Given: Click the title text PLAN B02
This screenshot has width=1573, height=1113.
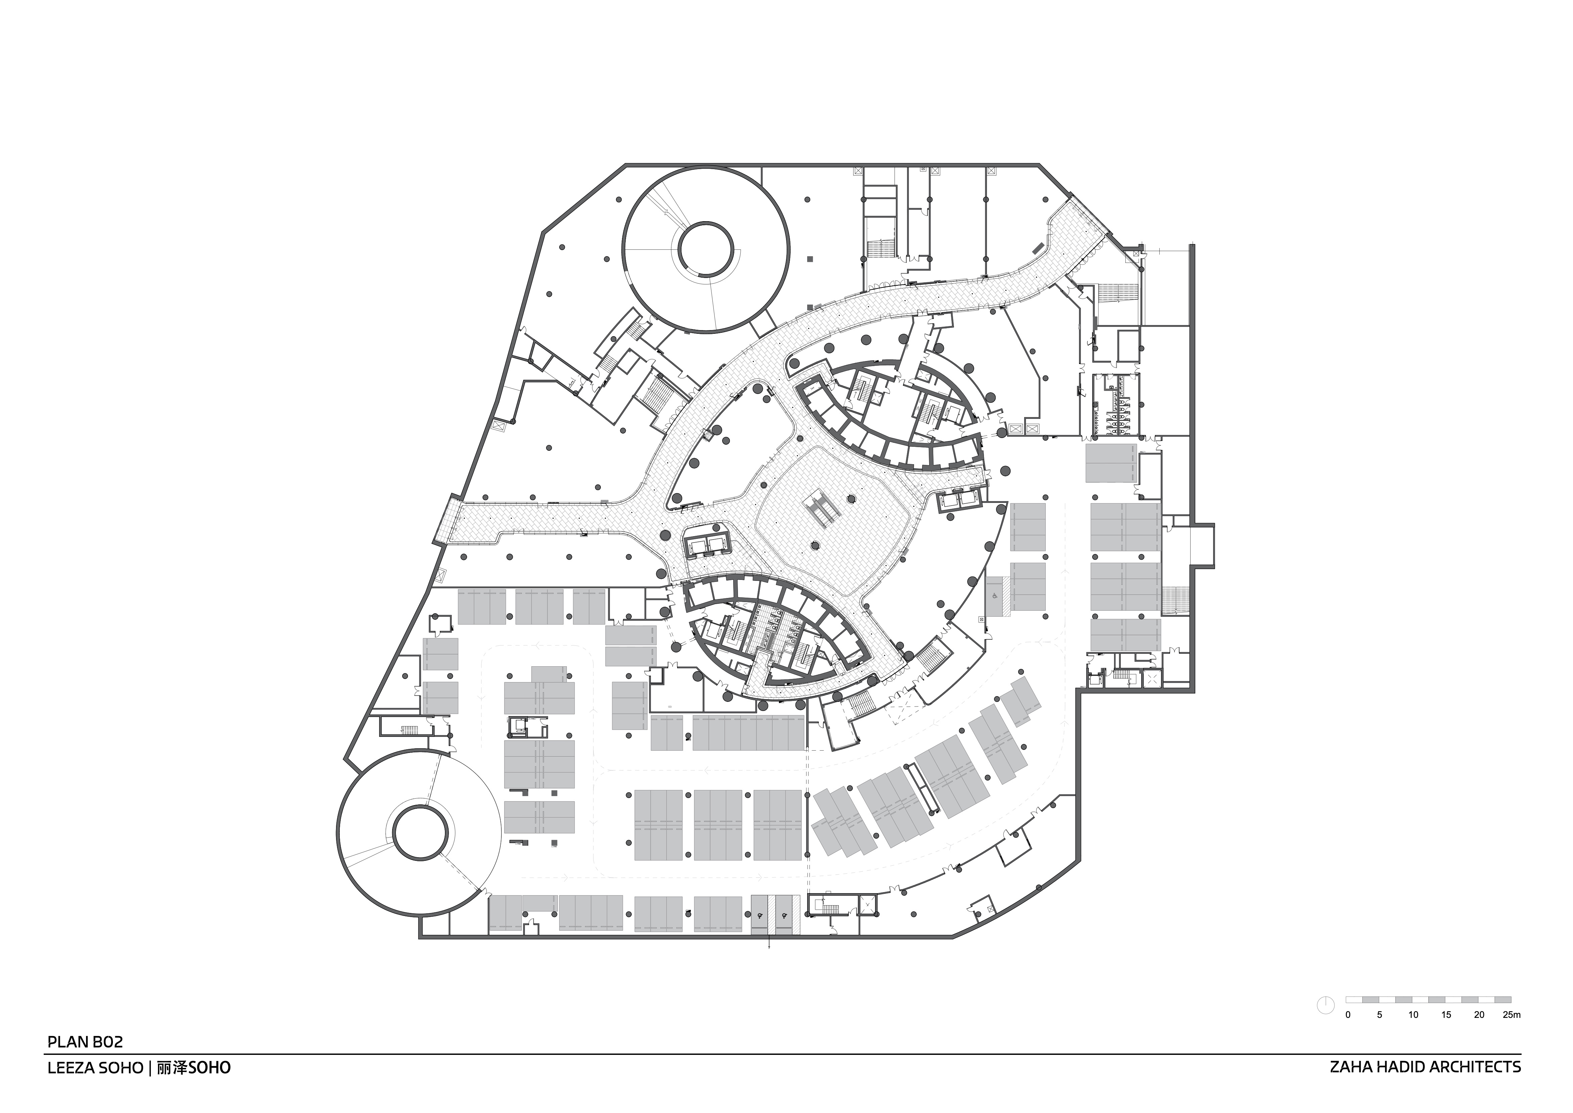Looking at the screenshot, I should (85, 1042).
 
